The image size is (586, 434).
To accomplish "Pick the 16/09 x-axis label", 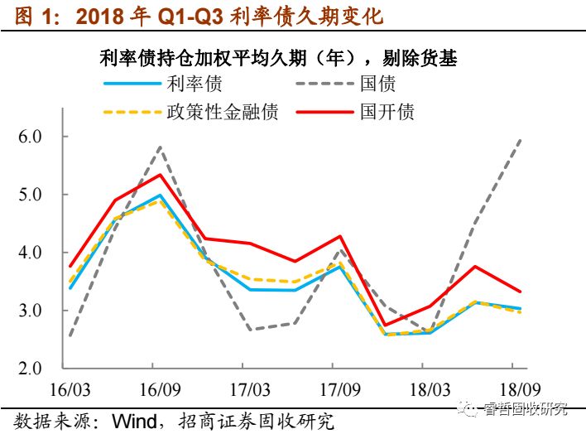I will click(159, 389).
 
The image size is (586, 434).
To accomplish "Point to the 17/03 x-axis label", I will click(248, 389).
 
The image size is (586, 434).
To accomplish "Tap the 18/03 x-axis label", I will click(423, 389).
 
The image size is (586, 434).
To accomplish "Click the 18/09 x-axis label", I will click(512, 389).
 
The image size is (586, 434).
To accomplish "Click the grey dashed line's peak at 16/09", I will click(159, 147).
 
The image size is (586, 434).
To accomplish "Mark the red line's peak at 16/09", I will click(159, 174).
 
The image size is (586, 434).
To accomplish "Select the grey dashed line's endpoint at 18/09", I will click(521, 139).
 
